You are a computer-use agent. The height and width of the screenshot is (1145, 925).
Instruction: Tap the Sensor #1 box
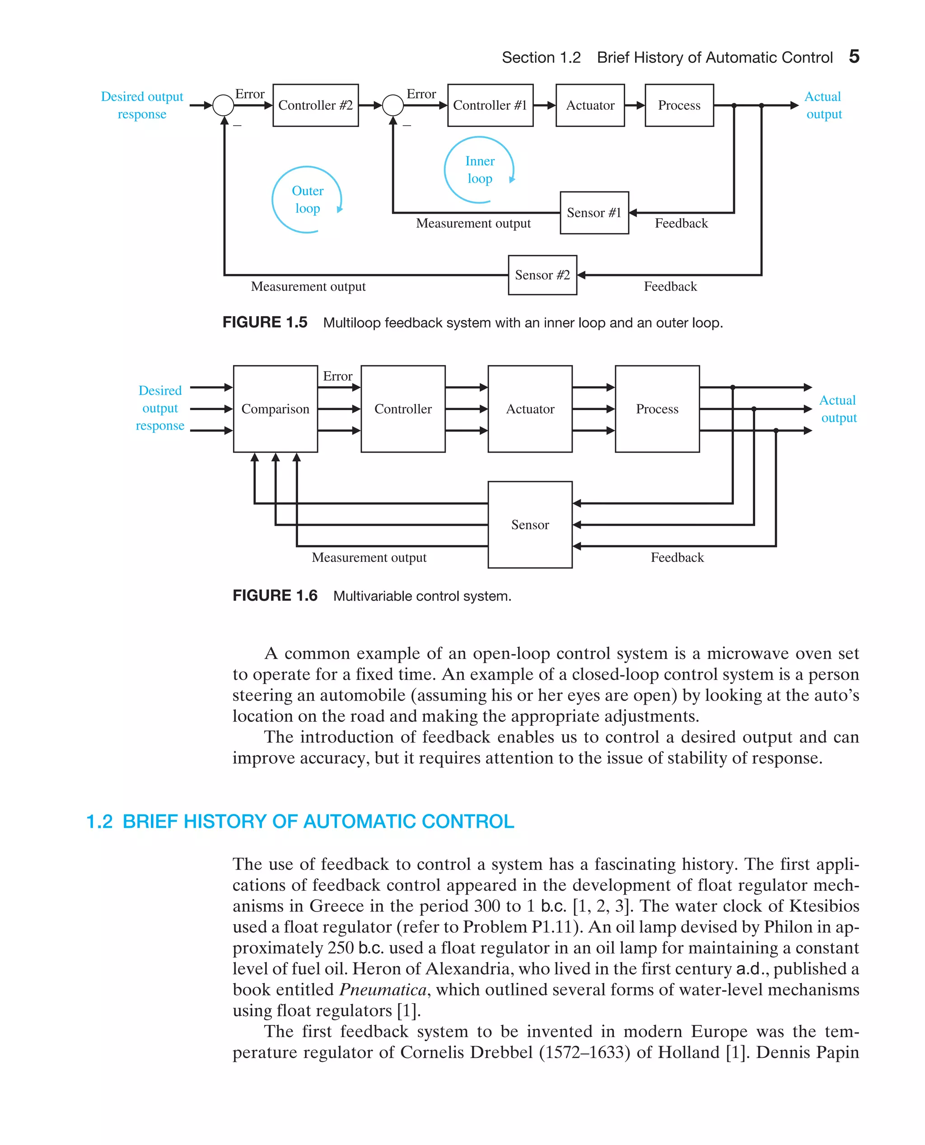(x=594, y=213)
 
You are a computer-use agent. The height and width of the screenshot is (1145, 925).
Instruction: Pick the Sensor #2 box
(x=542, y=275)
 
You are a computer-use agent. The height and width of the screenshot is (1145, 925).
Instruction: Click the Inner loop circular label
(x=480, y=170)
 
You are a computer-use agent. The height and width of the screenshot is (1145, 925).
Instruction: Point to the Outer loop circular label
(x=308, y=200)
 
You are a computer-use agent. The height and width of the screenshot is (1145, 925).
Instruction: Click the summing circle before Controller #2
(x=223, y=105)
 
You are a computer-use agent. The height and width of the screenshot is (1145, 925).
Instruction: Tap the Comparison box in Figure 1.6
(x=275, y=409)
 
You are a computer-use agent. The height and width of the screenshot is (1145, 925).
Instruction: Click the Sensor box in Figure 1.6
(x=530, y=524)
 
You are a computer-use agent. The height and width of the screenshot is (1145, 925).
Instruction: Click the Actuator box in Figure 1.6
(x=530, y=409)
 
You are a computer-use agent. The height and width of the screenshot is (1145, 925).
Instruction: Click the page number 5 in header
(x=854, y=56)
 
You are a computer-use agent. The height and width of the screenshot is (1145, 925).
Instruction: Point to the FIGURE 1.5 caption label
(x=265, y=322)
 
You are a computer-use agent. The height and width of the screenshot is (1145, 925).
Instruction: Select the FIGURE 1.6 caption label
(x=275, y=596)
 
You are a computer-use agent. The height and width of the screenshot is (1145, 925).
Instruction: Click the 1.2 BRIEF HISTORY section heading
(x=300, y=821)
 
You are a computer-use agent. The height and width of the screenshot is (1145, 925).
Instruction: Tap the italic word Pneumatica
(x=383, y=990)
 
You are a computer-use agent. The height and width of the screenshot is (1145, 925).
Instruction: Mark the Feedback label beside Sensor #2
(x=670, y=287)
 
